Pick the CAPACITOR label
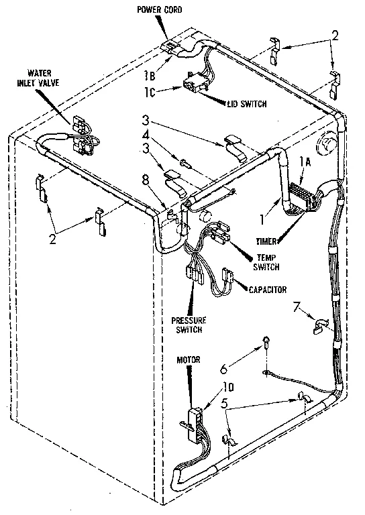point(267,290)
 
